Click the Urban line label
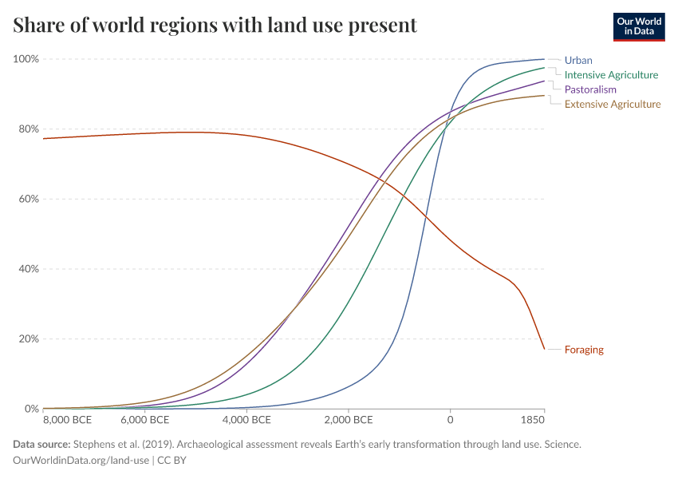[x=578, y=60]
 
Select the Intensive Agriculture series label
[x=611, y=75]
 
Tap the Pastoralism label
[x=590, y=89]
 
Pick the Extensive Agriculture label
[x=613, y=104]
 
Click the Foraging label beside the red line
[x=584, y=350]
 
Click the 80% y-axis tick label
[x=29, y=129]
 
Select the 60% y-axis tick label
[x=29, y=199]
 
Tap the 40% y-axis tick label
[x=29, y=269]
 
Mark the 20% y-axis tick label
[x=29, y=338]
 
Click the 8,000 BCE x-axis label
[x=67, y=420]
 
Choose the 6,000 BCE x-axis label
[x=146, y=420]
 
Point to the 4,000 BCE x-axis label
[x=247, y=420]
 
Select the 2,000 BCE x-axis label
[x=349, y=420]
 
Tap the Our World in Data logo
[x=638, y=26]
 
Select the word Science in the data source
[x=561, y=444]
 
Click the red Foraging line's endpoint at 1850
[x=544, y=349]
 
